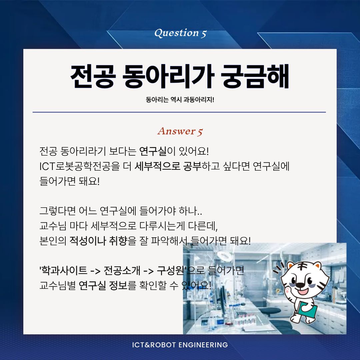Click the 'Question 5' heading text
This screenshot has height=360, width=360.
(180, 33)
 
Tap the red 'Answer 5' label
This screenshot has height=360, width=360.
(180, 131)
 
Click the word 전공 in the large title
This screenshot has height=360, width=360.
(92, 76)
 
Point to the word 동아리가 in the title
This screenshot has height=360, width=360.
(168, 76)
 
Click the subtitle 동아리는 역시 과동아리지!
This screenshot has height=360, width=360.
(180, 100)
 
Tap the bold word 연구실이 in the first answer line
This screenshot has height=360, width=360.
(157, 151)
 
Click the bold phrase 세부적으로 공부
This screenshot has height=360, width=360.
(168, 166)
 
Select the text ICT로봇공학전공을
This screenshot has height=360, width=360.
(80, 166)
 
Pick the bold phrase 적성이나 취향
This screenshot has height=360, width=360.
(98, 241)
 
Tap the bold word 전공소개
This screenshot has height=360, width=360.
(122, 270)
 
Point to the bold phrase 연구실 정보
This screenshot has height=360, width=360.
(103, 285)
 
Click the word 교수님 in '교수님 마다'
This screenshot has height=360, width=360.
(53, 226)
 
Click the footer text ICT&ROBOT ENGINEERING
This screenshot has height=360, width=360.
(180, 345)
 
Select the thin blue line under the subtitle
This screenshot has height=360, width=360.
(179, 112)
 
